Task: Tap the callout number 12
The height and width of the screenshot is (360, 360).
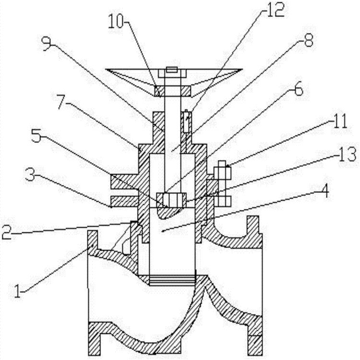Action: [x=276, y=10]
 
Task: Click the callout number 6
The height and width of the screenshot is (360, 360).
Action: [x=298, y=89]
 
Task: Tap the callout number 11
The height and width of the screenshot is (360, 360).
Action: [x=339, y=122]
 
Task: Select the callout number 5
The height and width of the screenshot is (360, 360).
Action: [x=36, y=135]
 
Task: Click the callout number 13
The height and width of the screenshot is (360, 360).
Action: [x=347, y=155]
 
